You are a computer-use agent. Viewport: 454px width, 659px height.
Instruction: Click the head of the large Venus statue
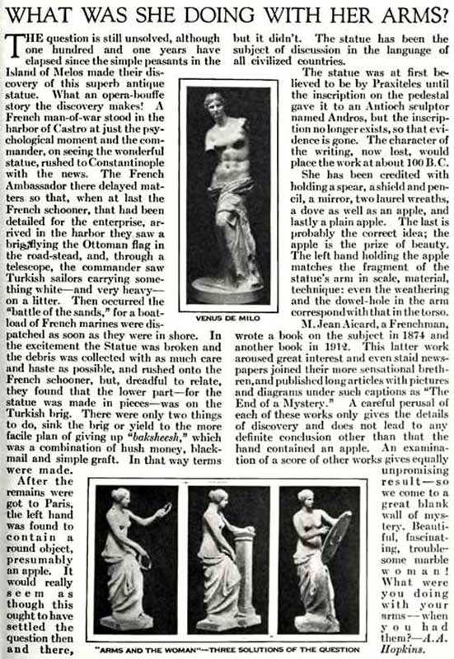click(216, 105)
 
